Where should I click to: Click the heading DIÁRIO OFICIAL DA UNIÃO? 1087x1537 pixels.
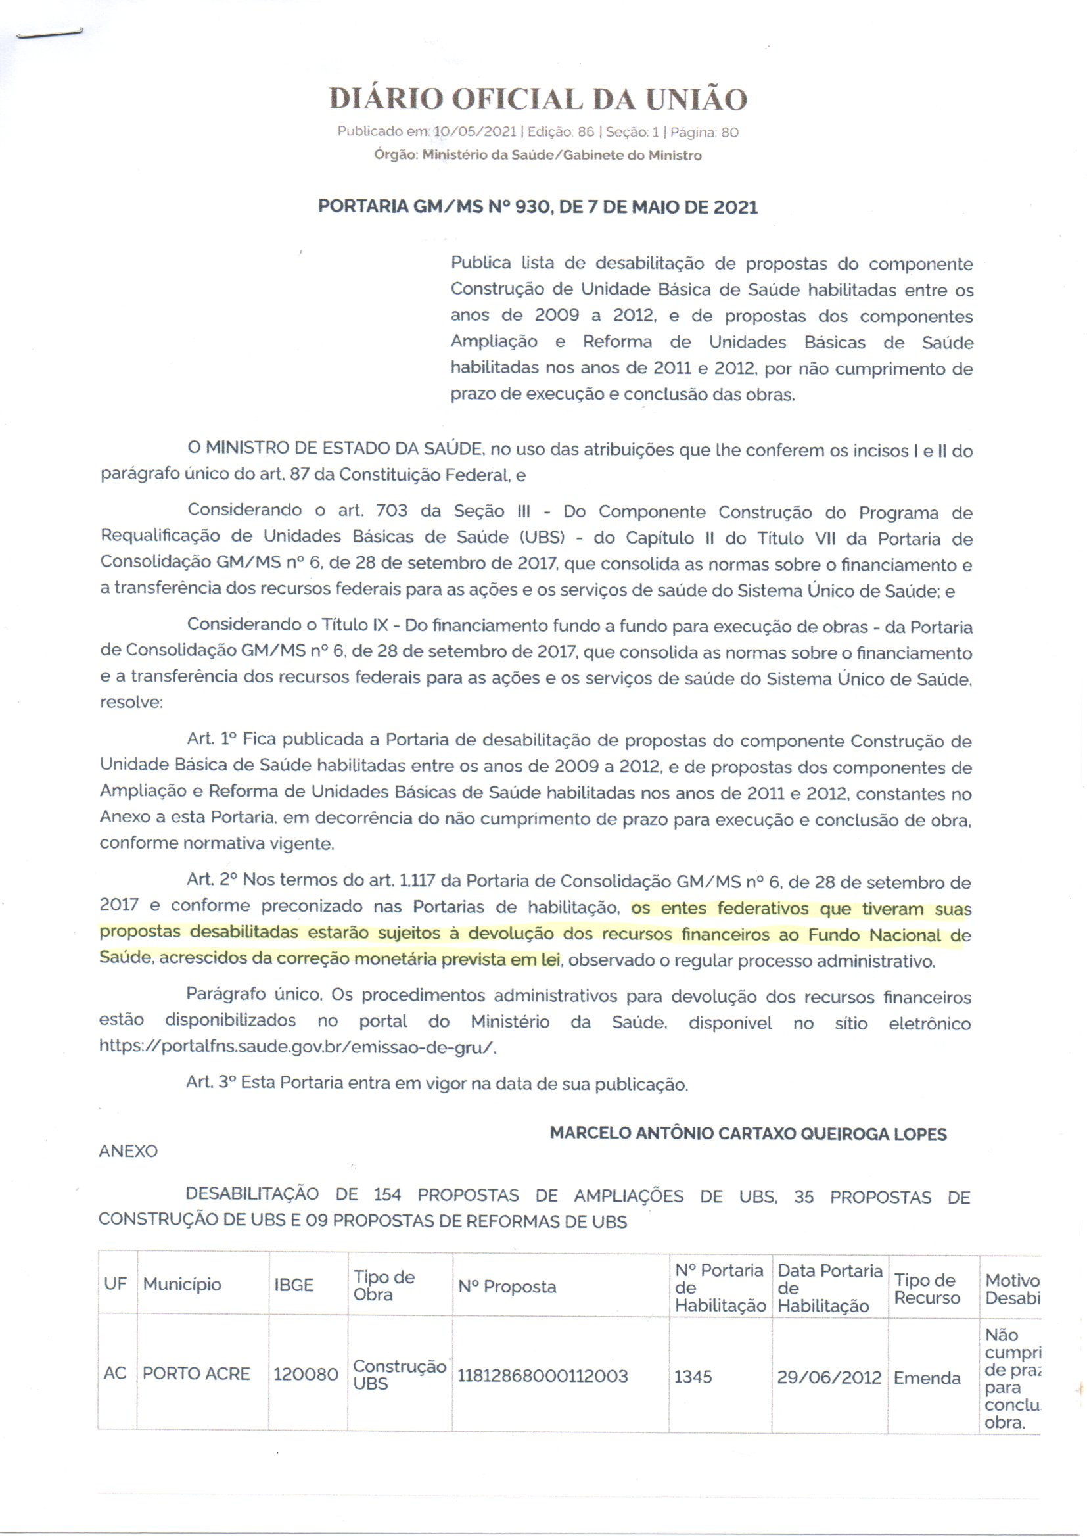(538, 100)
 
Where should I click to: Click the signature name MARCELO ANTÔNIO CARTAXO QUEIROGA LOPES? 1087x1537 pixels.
(748, 1134)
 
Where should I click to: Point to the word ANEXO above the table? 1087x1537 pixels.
(129, 1151)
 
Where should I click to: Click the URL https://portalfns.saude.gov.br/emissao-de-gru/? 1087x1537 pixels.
(298, 1047)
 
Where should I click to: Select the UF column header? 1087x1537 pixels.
(116, 1285)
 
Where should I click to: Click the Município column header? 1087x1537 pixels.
(181, 1285)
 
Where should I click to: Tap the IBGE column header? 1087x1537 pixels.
(293, 1285)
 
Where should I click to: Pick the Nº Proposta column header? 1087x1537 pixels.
(507, 1287)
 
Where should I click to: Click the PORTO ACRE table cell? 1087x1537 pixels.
(196, 1374)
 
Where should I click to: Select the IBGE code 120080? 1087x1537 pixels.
(306, 1375)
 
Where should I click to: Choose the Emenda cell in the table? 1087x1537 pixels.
(927, 1378)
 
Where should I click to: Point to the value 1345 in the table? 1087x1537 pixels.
(693, 1377)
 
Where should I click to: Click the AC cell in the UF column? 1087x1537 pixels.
(115, 1374)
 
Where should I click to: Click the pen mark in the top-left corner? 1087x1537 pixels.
(49, 34)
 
